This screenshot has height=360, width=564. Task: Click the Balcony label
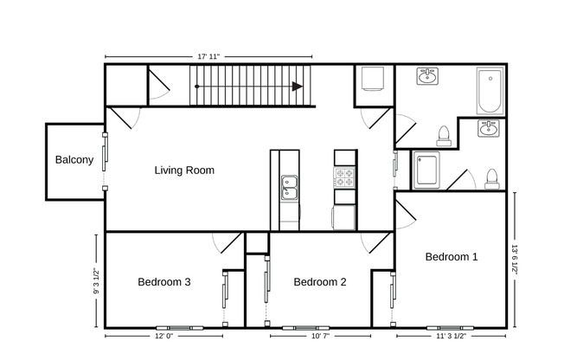74,160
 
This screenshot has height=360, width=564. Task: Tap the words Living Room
184,170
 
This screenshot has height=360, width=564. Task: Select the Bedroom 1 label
452,257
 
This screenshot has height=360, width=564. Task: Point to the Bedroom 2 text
320,282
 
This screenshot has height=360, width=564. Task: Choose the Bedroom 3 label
164,282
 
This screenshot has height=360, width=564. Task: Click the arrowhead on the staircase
297,87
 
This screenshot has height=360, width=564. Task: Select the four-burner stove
345,177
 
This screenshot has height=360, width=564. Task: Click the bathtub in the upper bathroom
490,92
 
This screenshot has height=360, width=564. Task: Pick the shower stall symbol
427,170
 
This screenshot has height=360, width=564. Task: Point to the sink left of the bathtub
427,78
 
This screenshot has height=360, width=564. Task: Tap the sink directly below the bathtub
490,131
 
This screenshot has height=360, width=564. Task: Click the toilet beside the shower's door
491,178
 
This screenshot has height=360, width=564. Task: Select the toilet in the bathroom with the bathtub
443,135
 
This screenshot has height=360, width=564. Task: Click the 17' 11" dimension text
208,56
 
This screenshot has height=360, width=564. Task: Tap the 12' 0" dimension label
164,336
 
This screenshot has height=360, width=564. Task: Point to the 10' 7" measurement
320,336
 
